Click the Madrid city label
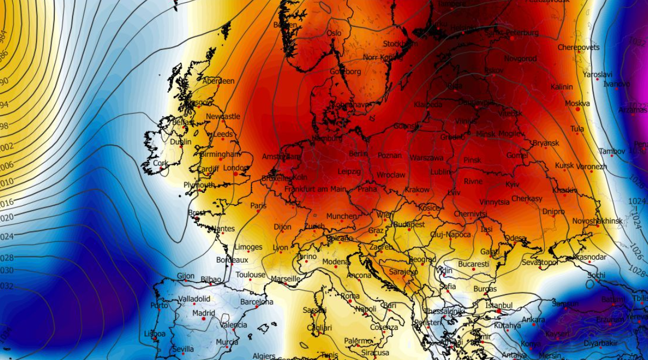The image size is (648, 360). tap(204, 313)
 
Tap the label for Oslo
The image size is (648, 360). tap(334, 33)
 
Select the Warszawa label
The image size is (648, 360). tap(427, 158)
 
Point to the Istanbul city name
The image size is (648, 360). tap(499, 305)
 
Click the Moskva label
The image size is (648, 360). tap(577, 103)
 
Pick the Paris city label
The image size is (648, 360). tap(258, 205)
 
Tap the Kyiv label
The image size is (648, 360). tap(512, 184)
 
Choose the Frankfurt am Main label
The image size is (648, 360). tap(315, 189)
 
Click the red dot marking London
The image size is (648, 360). tap(235, 174)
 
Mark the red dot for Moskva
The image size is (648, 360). tap(578, 109)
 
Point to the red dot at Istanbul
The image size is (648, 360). tap(499, 311)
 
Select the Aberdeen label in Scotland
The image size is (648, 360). tap(219, 81)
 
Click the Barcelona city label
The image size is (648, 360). tap(256, 302)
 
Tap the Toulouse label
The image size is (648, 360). tap(250, 275)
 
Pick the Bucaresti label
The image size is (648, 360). tap(473, 264)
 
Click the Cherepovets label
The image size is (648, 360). tap(578, 47)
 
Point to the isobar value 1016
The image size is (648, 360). tap(7, 203)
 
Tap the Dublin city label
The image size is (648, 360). tap(181, 142)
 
